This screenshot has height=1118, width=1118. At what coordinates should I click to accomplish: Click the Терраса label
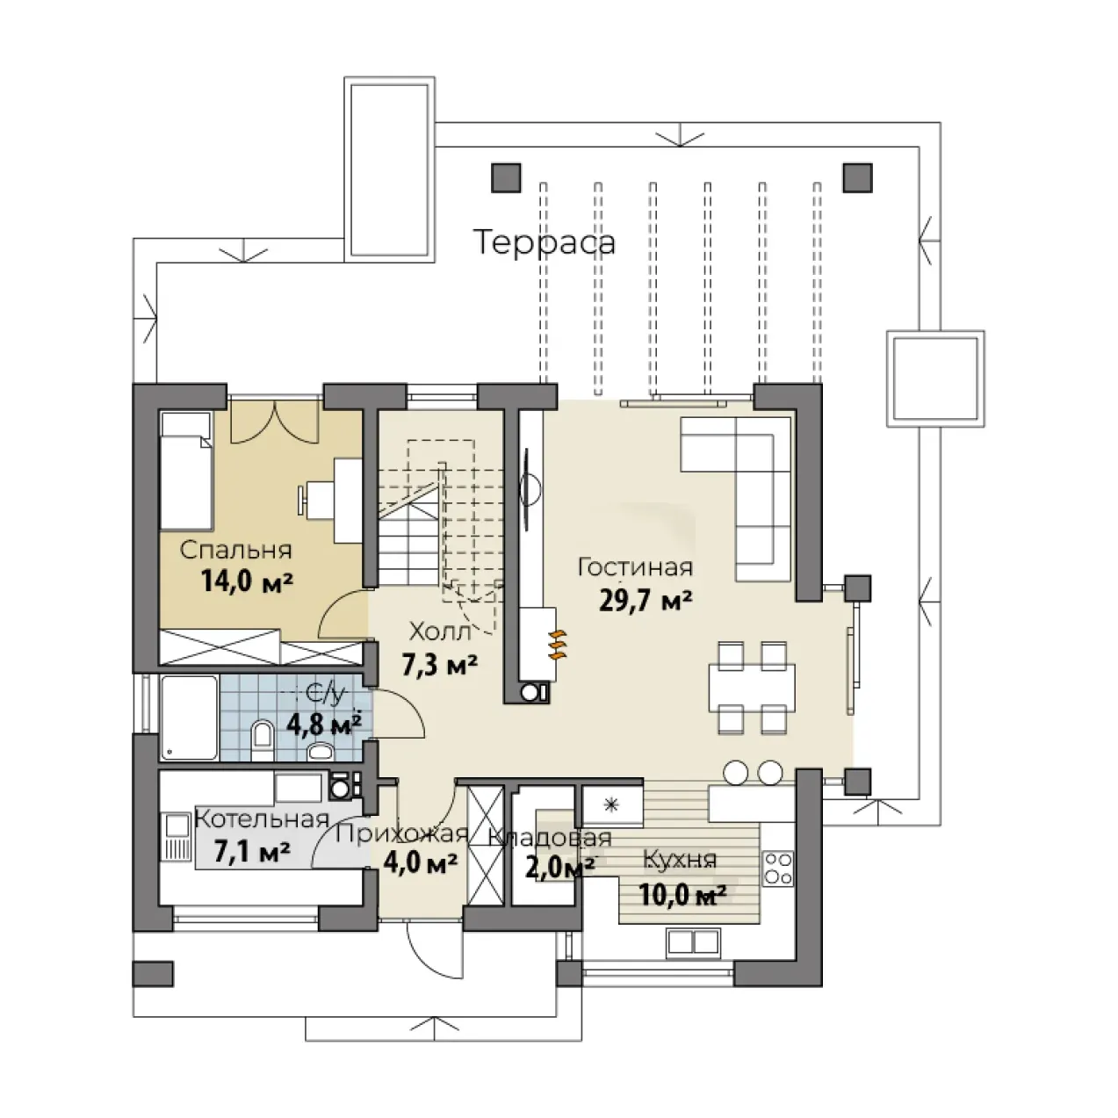[545, 242]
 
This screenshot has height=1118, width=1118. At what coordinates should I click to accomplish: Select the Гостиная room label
[635, 566]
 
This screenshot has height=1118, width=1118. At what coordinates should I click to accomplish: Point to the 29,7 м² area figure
[646, 602]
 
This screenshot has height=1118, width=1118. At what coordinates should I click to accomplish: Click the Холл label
[440, 631]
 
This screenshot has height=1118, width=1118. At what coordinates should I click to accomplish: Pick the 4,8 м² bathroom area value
[325, 725]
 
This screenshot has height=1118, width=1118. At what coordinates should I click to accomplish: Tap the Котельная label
[263, 819]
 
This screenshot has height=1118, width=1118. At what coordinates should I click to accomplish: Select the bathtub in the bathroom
[189, 718]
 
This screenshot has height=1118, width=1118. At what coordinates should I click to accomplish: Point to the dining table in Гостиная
[752, 688]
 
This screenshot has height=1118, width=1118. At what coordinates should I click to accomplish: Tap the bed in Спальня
[185, 471]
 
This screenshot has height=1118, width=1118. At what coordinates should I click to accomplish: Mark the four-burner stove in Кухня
[778, 868]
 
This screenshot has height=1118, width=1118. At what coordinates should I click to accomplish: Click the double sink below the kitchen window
[693, 941]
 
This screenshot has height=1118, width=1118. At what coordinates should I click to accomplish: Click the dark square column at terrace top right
[857, 177]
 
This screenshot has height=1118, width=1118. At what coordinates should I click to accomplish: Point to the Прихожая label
[402, 833]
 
